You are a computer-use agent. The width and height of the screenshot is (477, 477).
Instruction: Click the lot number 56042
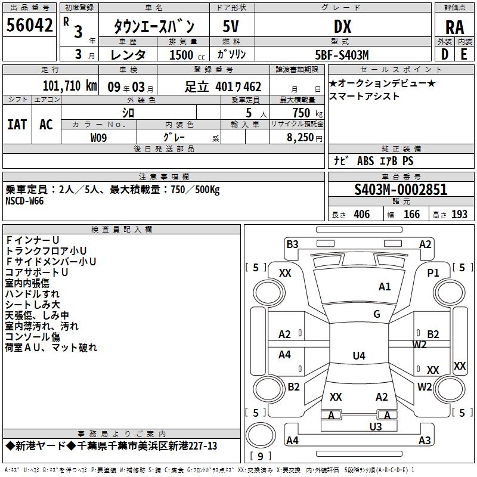pos(29,25)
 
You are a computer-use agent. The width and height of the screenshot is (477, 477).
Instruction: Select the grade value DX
pos(342,26)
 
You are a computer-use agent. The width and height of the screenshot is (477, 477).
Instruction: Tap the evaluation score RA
pos(454,27)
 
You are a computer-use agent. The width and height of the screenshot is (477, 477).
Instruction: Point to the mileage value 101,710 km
pos(70,86)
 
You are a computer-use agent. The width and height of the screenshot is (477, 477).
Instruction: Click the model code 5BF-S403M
pos(342,55)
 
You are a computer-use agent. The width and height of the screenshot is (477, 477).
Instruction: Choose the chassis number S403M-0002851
pos(401,190)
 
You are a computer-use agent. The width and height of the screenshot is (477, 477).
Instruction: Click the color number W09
pos(98,138)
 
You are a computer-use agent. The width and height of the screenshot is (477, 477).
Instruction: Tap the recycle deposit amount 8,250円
pos(304,138)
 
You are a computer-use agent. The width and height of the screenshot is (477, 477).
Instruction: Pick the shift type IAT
pos(17,125)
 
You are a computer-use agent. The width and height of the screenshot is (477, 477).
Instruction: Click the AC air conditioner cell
pos(47,125)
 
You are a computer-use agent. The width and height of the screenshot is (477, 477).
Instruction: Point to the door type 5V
pos(231,26)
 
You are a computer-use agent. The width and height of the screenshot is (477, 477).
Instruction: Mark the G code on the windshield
pos(377,314)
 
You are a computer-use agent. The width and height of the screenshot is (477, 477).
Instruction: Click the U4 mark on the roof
pos(359,355)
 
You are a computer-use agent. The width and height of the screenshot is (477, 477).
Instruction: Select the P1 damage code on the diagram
pos(433,273)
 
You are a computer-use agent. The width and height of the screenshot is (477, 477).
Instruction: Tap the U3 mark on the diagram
pos(376,427)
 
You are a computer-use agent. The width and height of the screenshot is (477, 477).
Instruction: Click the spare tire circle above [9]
pos(261,435)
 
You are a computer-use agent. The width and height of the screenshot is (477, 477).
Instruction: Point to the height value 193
pos(459,214)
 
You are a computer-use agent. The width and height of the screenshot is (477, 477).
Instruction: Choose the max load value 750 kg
pos(307,113)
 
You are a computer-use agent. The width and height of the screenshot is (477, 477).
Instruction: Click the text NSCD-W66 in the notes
pos(24,201)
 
